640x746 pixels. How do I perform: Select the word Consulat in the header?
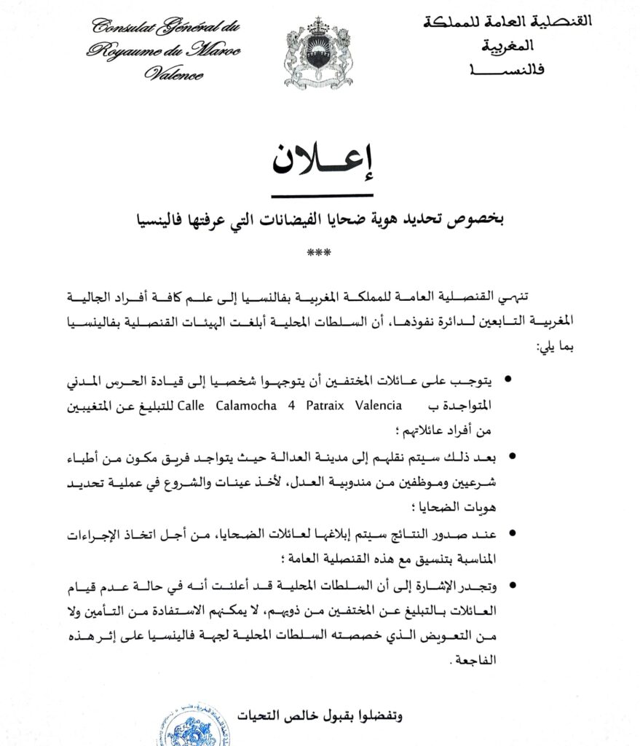click(120, 28)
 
